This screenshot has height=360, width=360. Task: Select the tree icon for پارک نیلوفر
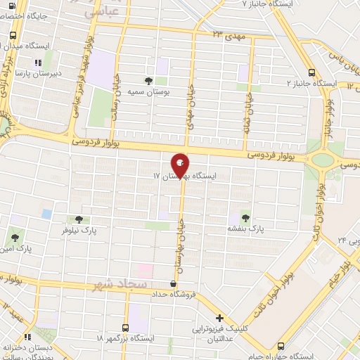pos(78,219)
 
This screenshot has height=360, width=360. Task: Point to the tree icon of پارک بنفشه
pos(245,217)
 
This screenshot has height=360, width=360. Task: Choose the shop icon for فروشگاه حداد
pos(173,283)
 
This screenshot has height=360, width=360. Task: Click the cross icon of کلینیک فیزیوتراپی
pos(220,319)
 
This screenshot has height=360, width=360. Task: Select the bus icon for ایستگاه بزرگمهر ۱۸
pos(126,328)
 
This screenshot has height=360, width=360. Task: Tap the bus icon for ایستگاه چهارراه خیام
pos(281,345)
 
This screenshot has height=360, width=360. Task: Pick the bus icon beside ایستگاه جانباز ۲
pos(311,72)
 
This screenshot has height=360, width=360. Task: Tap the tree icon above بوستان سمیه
pos(148,80)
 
